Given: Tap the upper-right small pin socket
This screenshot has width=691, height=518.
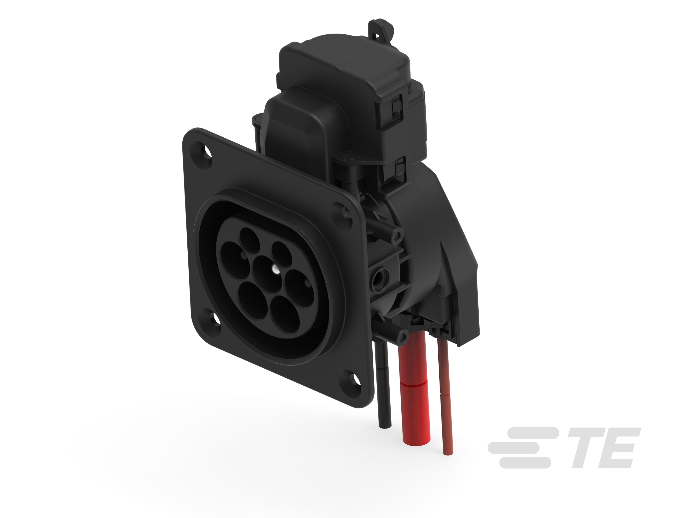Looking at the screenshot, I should (x=282, y=254).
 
